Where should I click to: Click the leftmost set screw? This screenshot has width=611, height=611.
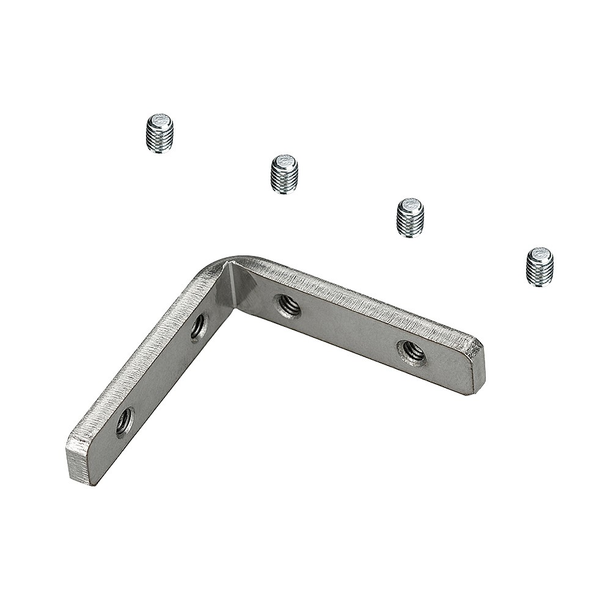pos(160,133)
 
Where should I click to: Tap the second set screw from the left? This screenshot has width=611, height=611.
pos(284,174)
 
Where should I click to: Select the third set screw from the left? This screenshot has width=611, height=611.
pos(410,218)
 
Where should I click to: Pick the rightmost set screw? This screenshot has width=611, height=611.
pos(540,266)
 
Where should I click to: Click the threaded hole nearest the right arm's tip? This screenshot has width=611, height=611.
pos(412,352)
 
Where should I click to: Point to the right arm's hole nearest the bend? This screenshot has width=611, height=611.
pos(287,305)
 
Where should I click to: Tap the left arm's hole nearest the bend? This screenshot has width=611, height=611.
pos(199,327)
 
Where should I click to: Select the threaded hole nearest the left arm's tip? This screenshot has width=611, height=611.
pos(124,421)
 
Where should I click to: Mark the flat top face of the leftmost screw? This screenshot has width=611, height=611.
pos(161,120)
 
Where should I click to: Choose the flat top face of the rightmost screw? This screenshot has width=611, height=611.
pos(540,254)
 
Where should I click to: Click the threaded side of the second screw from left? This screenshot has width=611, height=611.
pos(284,181)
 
